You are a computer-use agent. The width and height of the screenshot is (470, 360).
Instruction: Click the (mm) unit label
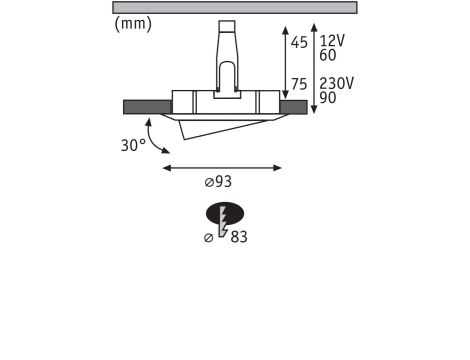click(x=133, y=24)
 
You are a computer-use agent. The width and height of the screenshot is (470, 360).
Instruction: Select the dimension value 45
click(x=299, y=43)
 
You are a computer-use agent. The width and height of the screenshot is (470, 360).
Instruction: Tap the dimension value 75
click(x=299, y=84)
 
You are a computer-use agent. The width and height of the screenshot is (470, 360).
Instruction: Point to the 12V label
click(x=332, y=41)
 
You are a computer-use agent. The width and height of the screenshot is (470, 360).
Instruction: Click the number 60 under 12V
click(x=328, y=55)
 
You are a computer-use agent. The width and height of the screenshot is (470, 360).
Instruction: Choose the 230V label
click(x=336, y=83)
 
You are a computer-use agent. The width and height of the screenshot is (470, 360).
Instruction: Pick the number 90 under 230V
click(x=328, y=98)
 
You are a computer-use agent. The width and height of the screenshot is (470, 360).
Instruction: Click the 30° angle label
click(x=133, y=145)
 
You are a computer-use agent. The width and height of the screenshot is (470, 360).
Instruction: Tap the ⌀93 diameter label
click(x=218, y=182)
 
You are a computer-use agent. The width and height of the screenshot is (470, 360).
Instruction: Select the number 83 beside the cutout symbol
click(x=239, y=237)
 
